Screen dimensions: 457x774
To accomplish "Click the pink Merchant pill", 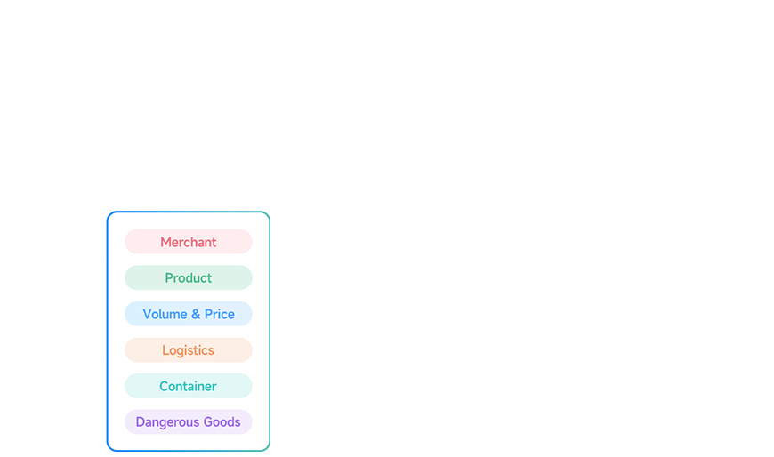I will [188, 242].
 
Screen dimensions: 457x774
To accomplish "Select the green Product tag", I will [188, 277].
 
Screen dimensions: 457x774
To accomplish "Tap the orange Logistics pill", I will [188, 350].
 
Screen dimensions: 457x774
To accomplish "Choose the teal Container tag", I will [188, 386].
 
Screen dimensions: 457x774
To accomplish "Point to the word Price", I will [220, 314].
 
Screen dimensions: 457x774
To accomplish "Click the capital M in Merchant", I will [165, 242].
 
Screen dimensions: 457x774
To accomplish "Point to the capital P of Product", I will [169, 278].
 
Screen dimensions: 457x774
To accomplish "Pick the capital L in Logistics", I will [165, 350].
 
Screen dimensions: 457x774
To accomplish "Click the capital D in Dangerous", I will [141, 422].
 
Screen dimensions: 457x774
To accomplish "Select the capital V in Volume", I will [147, 314].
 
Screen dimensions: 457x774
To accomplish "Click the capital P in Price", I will [208, 314].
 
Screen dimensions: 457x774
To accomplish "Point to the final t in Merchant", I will [214, 242].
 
